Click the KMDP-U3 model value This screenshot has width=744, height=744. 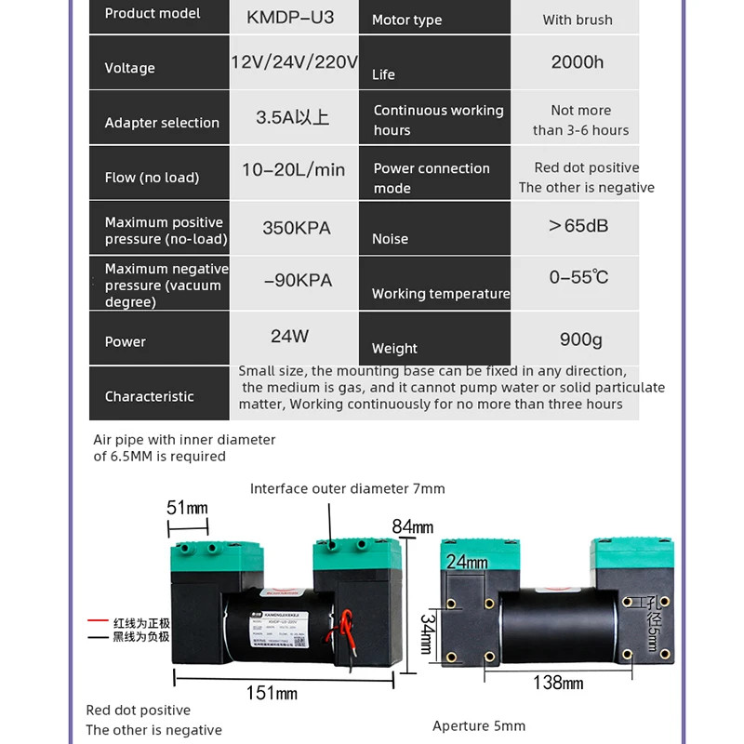click(x=290, y=19)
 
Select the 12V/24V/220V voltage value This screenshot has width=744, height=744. click(x=294, y=62)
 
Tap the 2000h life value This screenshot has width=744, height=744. click(x=578, y=62)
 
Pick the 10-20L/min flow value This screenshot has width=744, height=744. click(x=293, y=170)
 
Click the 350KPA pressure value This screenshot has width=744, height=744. click(x=296, y=228)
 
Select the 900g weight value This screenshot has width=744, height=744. click(x=580, y=339)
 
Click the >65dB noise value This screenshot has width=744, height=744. click(x=578, y=226)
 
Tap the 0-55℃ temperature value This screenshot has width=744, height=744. click(x=578, y=278)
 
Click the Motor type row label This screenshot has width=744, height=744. click(x=406, y=20)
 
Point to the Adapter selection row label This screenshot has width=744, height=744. click(x=162, y=123)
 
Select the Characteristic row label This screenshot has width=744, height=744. click(x=149, y=396)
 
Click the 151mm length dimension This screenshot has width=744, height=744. click(x=272, y=693)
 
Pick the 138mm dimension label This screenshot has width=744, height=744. click(x=558, y=684)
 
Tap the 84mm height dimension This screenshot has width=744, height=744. click(x=412, y=527)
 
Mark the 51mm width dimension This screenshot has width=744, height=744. click(x=187, y=508)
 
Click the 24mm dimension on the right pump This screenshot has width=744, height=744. click(x=466, y=562)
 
